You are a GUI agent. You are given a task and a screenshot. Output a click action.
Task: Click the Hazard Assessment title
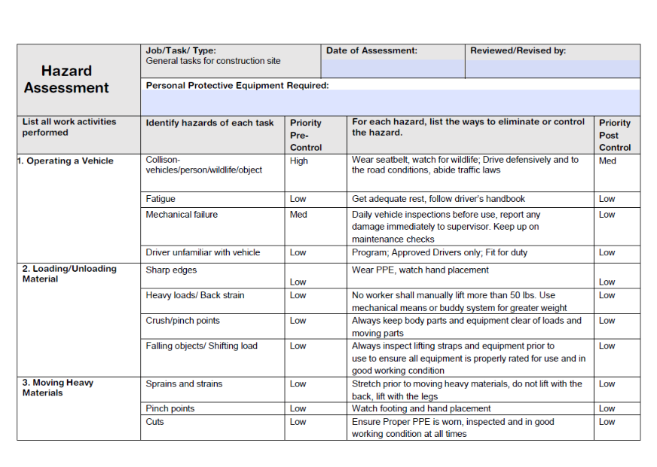[66, 79]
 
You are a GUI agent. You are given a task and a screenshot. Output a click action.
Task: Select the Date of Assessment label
[371, 51]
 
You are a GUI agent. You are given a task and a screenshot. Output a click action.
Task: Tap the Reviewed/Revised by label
[518, 51]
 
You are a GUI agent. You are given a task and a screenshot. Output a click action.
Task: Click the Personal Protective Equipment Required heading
[237, 86]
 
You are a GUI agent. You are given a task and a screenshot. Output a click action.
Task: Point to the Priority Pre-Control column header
[306, 135]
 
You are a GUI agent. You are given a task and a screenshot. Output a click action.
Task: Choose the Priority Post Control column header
[615, 135]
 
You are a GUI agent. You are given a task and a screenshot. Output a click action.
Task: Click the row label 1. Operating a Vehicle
[66, 161]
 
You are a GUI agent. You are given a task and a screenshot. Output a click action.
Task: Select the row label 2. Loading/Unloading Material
[69, 273]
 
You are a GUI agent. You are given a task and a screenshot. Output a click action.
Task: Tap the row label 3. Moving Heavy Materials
[58, 387]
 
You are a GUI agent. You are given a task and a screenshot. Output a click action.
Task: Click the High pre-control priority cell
[299, 161]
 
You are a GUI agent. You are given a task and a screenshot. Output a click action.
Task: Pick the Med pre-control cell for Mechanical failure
[298, 215]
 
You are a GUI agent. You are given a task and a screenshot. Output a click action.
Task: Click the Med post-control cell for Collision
[607, 161]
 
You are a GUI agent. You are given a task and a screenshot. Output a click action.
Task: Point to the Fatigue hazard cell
[160, 199]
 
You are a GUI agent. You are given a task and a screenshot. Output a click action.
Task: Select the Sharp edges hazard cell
[174, 269]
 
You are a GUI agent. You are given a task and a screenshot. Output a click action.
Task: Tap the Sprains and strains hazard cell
[184, 384]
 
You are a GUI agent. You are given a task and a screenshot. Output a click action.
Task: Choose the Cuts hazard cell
[154, 422]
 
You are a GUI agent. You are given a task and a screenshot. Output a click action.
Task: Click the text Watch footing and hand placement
[421, 409]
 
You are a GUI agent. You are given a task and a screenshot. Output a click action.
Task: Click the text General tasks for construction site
[213, 61]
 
